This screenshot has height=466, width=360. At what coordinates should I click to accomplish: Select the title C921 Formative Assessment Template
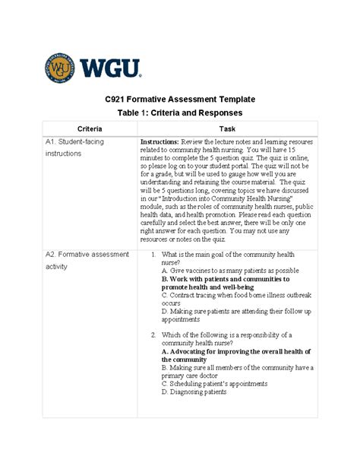(179, 99)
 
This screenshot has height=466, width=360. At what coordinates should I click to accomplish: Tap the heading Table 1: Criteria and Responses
(179, 113)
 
